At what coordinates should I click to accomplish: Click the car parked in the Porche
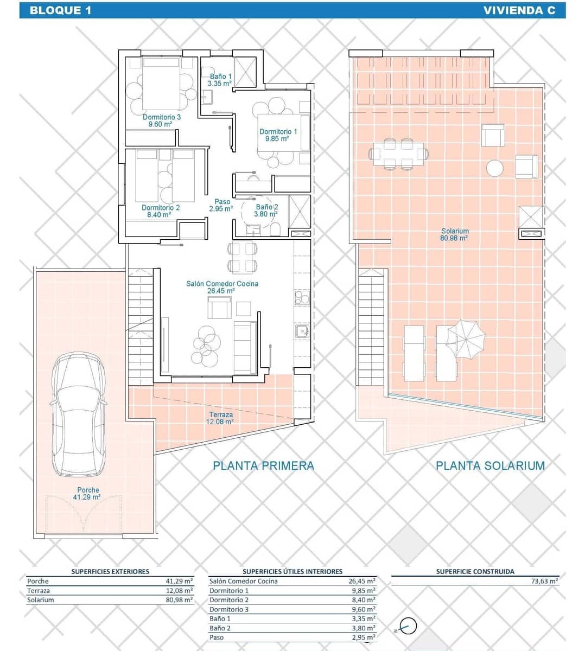pos(79,415)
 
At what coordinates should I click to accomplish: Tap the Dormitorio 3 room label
pos(161,120)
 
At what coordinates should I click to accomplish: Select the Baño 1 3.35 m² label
pos(220,80)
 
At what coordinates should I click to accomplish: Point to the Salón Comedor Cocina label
pos(222,287)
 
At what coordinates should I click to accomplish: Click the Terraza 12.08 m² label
pos(221,418)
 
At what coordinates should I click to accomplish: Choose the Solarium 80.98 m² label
pos(455,234)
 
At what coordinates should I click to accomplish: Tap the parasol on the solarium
pos(466,338)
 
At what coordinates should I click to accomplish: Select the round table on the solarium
pos(495,168)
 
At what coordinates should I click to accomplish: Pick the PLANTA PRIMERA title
pos(263,465)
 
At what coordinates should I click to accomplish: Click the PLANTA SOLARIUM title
pos(490,465)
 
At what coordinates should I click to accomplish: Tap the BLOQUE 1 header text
pos(61,10)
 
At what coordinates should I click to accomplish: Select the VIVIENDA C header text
pos(519,10)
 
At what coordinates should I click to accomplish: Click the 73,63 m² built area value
pos(544,581)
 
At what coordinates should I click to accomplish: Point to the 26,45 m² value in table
pos(361,581)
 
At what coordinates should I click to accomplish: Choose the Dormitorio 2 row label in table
pos(229,600)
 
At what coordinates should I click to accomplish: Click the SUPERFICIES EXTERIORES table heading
pos(110,571)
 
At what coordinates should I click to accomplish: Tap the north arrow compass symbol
pos(408,627)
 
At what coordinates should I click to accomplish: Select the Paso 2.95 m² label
pos(222,205)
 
